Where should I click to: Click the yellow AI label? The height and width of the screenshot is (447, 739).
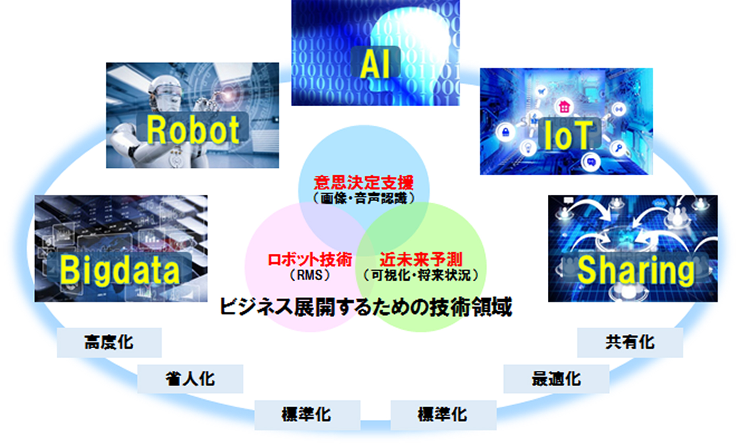coord(375,63)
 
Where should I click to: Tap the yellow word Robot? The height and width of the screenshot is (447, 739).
coord(193,129)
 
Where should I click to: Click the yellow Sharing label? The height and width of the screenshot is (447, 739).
coord(636,270)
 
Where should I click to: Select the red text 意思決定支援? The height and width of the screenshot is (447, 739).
coord(364,183)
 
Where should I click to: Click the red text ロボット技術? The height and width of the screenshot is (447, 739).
coord(310,260)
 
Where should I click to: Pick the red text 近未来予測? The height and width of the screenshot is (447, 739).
coord(421,260)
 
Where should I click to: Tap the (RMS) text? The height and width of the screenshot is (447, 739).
coord(310,275)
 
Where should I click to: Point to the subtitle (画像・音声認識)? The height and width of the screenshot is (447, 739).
coord(364,198)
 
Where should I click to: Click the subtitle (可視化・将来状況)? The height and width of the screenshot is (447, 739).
coord(421,275)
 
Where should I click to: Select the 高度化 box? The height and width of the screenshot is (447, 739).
coord(109,343)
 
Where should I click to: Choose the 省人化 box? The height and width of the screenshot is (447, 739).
coord(190,379)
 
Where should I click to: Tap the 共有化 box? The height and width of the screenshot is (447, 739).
coord(630,343)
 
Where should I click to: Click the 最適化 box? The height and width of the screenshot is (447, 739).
coord(557,379)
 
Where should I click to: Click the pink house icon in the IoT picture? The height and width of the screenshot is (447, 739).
coord(564,107)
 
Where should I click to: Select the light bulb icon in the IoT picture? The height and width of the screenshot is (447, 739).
coord(527,147)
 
